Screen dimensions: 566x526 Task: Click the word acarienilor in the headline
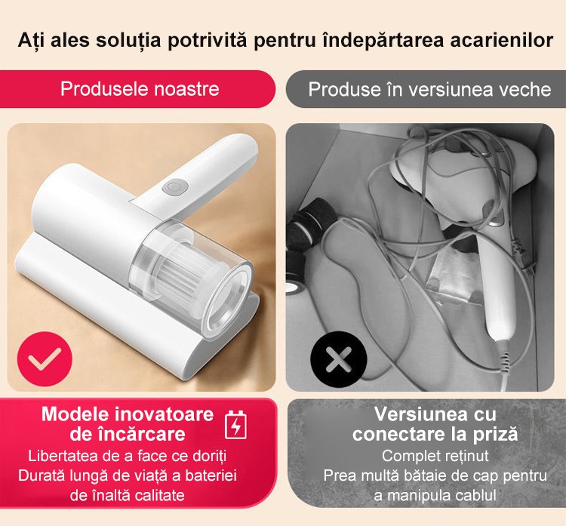(501, 40)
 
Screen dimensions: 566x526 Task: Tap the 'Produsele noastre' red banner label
(140, 89)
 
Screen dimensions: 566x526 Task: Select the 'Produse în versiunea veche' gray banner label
(429, 89)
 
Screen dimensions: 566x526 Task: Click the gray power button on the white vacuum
(175, 186)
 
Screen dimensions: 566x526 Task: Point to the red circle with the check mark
(45, 359)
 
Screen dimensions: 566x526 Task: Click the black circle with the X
(339, 359)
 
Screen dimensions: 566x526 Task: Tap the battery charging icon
(235, 425)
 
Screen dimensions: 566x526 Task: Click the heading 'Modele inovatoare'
(128, 414)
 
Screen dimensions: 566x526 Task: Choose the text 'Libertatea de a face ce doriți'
(128, 456)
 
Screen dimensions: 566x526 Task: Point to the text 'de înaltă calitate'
(128, 495)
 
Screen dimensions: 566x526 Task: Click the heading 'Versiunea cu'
(435, 414)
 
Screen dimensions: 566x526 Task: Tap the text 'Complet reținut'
(435, 456)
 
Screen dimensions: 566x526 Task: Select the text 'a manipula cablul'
(435, 495)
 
